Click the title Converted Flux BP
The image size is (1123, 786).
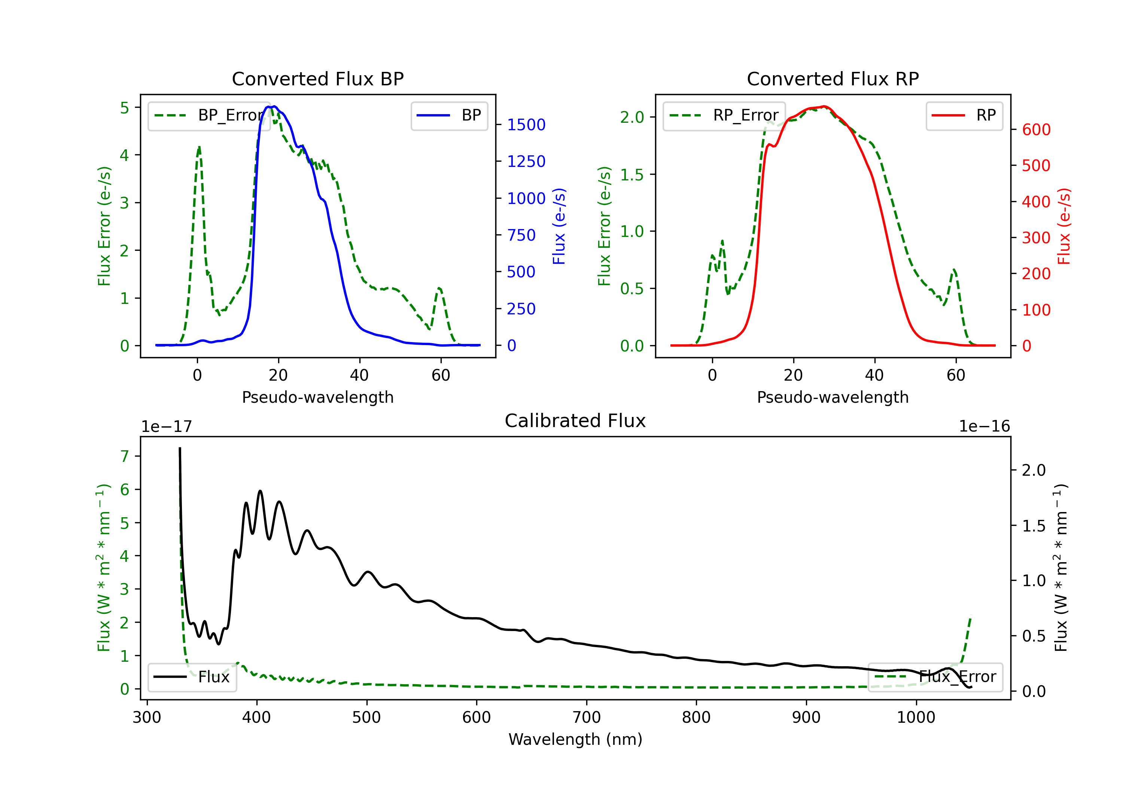click(317, 79)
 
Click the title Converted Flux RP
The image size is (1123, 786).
click(833, 79)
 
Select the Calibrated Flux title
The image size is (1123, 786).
click(575, 421)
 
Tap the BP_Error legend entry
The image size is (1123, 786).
click(209, 115)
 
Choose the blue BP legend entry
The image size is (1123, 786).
click(449, 115)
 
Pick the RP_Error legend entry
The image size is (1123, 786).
click(724, 115)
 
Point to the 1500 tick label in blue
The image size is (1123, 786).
click(526, 125)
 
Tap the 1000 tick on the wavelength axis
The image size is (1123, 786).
click(916, 717)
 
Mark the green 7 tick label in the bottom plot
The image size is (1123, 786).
click(125, 456)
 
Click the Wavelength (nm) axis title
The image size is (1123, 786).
click(575, 739)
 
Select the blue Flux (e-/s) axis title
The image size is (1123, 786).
click(559, 226)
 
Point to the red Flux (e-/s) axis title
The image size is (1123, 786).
click(1064, 226)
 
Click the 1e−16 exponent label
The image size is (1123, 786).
click(984, 427)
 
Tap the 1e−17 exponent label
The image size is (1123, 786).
click(167, 427)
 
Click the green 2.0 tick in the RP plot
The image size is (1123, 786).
click(632, 118)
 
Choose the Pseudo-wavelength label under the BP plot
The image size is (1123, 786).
click(318, 397)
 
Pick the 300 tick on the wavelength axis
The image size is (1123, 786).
click(147, 717)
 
